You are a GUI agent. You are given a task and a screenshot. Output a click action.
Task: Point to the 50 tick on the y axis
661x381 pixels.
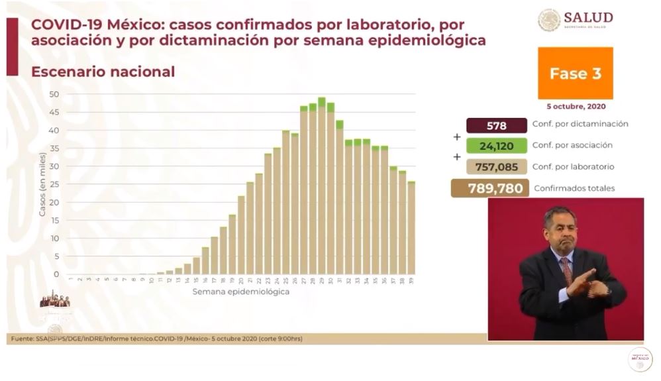click(x=54, y=94)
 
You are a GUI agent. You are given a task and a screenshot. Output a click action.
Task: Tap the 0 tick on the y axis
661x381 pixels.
click(x=56, y=274)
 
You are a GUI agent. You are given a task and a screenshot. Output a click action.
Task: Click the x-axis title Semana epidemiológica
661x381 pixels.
click(x=241, y=292)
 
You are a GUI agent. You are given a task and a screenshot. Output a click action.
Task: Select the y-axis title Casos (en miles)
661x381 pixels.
click(x=42, y=184)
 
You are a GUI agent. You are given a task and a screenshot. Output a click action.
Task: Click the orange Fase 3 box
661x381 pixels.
click(x=575, y=74)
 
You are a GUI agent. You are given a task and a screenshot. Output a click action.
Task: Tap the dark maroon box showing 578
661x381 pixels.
click(x=496, y=125)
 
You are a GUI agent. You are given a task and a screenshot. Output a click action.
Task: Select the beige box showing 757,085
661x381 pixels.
click(x=496, y=167)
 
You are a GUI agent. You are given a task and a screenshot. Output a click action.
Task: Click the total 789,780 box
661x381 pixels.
click(x=491, y=188)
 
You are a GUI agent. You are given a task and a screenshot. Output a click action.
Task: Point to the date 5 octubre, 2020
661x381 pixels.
click(x=575, y=106)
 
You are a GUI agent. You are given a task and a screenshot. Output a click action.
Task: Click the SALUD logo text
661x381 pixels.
click(x=588, y=17)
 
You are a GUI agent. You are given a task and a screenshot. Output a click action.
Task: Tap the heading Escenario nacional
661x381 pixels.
click(x=103, y=72)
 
